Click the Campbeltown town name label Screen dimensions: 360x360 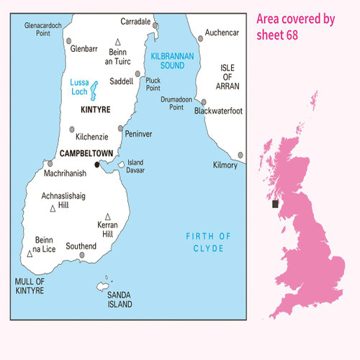(87, 153)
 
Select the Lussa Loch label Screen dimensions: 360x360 (81, 87)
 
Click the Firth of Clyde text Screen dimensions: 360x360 (208, 242)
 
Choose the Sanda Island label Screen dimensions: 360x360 (120, 300)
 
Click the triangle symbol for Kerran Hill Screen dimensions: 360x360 (108, 216)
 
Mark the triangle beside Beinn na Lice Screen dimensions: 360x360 (30, 253)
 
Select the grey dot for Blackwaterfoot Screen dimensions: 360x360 (204, 102)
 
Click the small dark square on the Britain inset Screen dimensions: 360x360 (275, 204)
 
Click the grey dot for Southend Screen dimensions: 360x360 (88, 246)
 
